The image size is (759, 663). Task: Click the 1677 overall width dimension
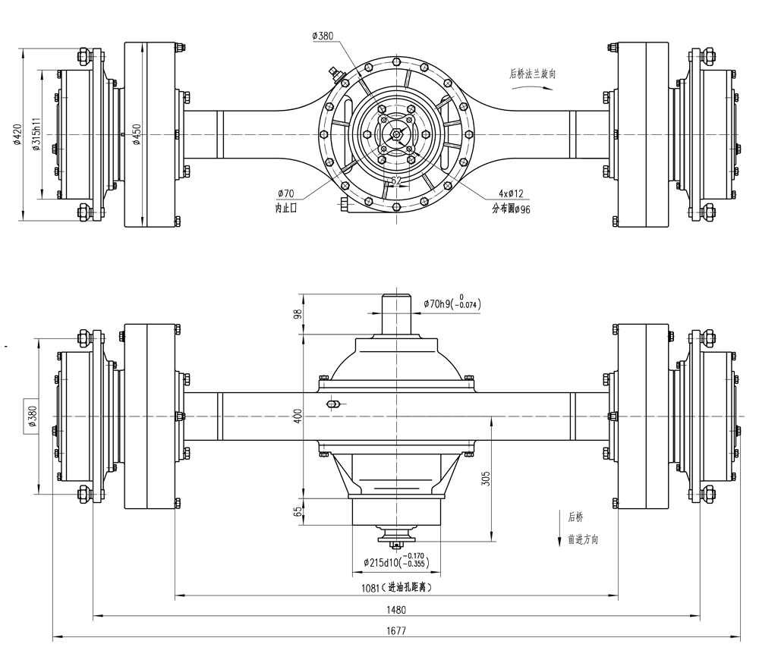(x=395, y=630)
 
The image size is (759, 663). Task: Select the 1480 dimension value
(x=395, y=609)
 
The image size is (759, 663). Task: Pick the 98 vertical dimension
(x=298, y=313)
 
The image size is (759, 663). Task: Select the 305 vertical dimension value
(x=486, y=479)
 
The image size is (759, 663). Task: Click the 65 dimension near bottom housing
(x=298, y=513)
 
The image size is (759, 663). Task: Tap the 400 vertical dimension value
(x=298, y=415)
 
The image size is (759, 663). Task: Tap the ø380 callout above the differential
(x=323, y=36)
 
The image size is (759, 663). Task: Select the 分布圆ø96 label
(x=511, y=208)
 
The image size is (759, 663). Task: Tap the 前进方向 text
(x=583, y=539)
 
